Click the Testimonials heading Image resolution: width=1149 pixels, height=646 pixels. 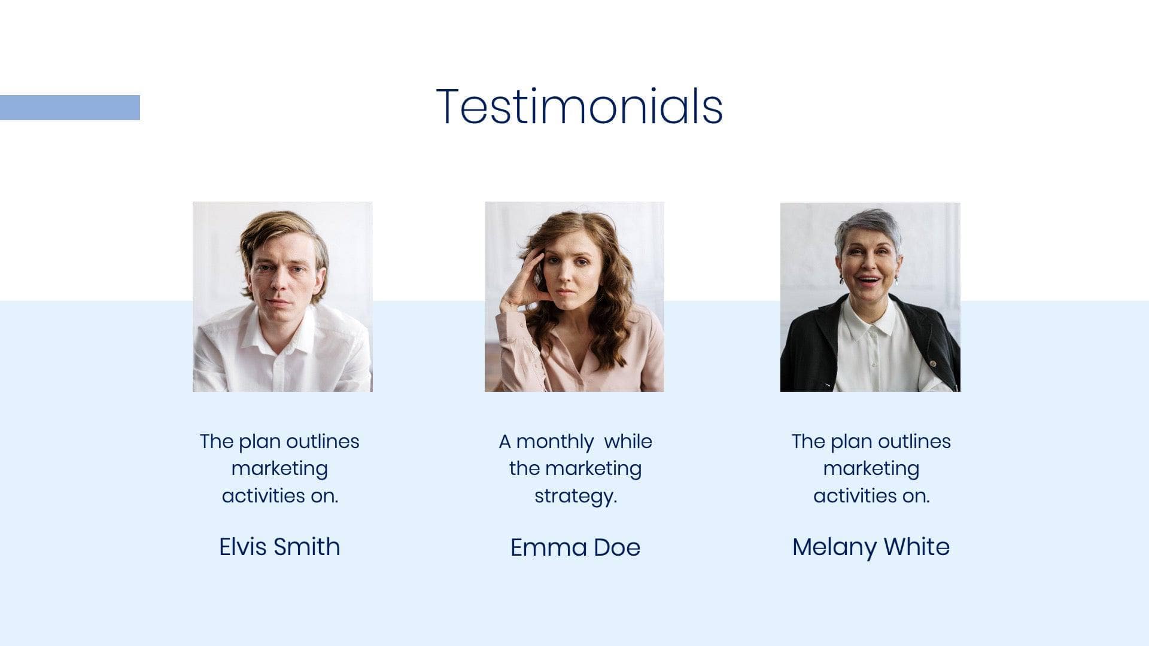click(x=579, y=106)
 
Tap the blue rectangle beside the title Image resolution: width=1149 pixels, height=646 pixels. click(x=70, y=108)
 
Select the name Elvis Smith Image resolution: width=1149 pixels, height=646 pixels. click(x=279, y=547)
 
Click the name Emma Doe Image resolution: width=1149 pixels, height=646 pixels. click(x=575, y=547)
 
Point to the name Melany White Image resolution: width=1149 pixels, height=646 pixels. click(x=871, y=547)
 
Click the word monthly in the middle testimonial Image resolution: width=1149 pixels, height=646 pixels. click(x=555, y=442)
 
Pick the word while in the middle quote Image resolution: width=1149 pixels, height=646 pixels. click(x=628, y=441)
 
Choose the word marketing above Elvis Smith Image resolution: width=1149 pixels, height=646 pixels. click(x=279, y=469)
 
